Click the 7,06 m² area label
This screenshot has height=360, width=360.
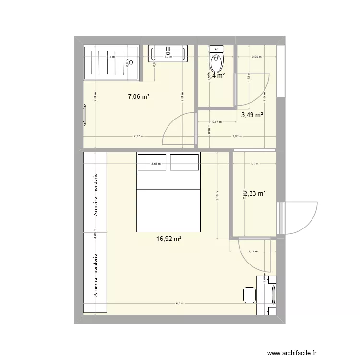pos(138,97)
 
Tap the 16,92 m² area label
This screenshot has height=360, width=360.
pos(168,237)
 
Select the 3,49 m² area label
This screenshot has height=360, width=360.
pos(252,115)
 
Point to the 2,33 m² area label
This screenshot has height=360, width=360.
pos(254,194)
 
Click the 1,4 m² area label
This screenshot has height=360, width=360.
pos(216,75)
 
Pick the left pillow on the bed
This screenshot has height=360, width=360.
pos(152,162)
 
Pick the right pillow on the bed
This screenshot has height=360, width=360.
pos(184,162)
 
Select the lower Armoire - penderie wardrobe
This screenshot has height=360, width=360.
pos(95,275)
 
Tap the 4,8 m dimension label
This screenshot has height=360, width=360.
pos(180,303)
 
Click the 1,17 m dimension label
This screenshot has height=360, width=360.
pos(253,251)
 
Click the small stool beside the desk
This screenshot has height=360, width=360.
pos(249,295)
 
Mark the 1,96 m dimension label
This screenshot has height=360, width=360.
pos(236,136)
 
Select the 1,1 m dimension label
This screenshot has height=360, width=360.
pos(254,164)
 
